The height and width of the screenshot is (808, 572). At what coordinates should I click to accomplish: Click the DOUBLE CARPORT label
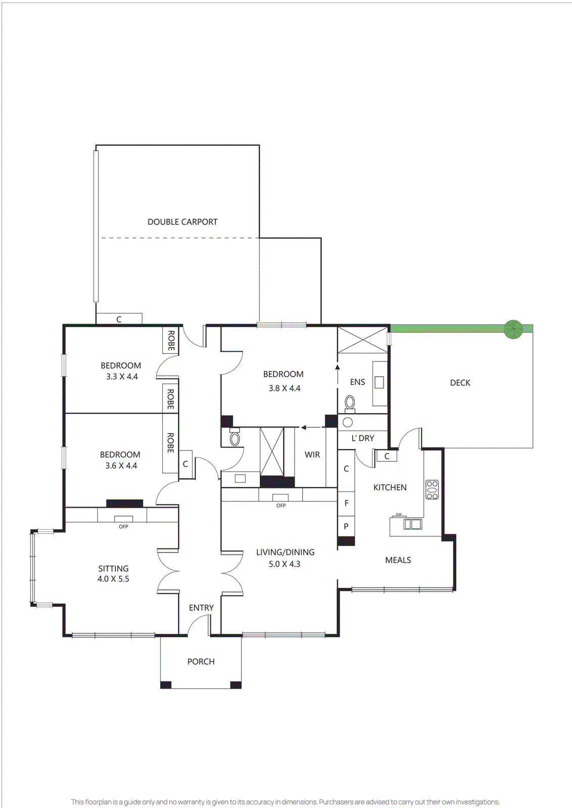pyautogui.click(x=182, y=222)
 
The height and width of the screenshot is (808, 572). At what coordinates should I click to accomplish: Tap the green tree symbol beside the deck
pyautogui.click(x=513, y=329)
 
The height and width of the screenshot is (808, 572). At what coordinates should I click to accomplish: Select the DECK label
pyautogui.click(x=460, y=383)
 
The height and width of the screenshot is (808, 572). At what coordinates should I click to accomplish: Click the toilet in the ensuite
pyautogui.click(x=350, y=403)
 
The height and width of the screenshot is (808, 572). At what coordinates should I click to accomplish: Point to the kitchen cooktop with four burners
pyautogui.click(x=432, y=490)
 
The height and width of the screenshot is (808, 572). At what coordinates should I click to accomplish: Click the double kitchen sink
pyautogui.click(x=412, y=524)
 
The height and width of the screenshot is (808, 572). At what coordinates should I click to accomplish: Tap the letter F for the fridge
pyautogui.click(x=346, y=503)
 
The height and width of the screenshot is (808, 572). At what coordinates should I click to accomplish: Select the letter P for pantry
pyautogui.click(x=346, y=526)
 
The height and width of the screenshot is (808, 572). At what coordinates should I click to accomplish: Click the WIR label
pyautogui.click(x=312, y=454)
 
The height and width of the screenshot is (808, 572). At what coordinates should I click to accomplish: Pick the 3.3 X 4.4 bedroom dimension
pyautogui.click(x=122, y=377)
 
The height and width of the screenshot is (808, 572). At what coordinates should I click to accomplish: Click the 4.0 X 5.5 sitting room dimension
pyautogui.click(x=113, y=579)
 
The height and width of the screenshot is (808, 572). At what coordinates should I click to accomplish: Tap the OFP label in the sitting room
pyautogui.click(x=123, y=527)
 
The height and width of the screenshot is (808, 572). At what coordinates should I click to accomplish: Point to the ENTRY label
pyautogui.click(x=201, y=608)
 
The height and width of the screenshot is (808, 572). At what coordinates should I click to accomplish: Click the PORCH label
pyautogui.click(x=201, y=662)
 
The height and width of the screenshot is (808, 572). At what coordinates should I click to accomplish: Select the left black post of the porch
pyautogui.click(x=166, y=685)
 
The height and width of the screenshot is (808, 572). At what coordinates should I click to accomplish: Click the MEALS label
pyautogui.click(x=398, y=560)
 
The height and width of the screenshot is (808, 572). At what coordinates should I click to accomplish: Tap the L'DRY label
pyautogui.click(x=363, y=438)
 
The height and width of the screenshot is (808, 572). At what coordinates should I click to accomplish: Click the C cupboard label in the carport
pyautogui.click(x=119, y=320)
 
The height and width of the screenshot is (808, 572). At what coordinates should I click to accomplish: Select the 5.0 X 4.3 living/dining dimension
pyautogui.click(x=284, y=564)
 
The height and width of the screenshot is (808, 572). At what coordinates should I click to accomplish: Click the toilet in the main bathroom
pyautogui.click(x=234, y=438)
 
